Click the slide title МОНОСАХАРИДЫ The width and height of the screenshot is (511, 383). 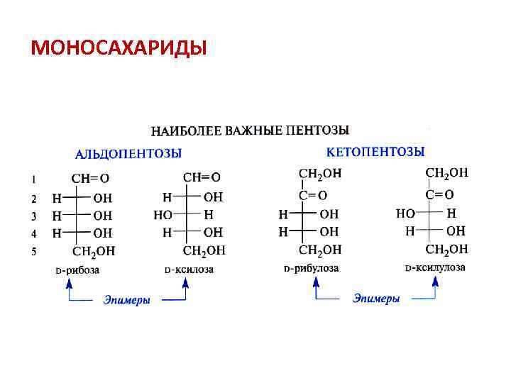pyautogui.click(x=119, y=48)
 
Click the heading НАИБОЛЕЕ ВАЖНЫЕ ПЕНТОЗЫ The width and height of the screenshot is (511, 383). pyautogui.click(x=250, y=131)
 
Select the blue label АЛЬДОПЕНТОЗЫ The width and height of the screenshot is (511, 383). pyautogui.click(x=128, y=153)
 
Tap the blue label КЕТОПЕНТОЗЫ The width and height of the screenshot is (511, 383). pyautogui.click(x=375, y=152)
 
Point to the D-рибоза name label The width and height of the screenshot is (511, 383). pyautogui.click(x=77, y=270)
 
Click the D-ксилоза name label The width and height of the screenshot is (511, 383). pyautogui.click(x=189, y=270)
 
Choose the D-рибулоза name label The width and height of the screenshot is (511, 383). pyautogui.click(x=311, y=269)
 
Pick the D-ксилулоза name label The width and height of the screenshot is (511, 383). pyautogui.click(x=435, y=268)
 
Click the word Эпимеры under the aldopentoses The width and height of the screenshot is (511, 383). pyautogui.click(x=126, y=300)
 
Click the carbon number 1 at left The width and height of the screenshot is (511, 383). pyautogui.click(x=34, y=178)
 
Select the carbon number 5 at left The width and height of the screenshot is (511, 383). pyautogui.click(x=34, y=250)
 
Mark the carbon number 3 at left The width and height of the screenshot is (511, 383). pyautogui.click(x=34, y=215)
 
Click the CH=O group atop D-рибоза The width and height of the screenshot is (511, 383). pyautogui.click(x=90, y=178)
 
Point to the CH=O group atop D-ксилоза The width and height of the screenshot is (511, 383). pyautogui.click(x=201, y=177)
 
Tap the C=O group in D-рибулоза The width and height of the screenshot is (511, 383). pyautogui.click(x=313, y=195)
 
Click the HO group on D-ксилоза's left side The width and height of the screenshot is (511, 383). pyautogui.click(x=163, y=214)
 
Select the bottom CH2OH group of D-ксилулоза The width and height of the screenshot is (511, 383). pyautogui.click(x=446, y=249)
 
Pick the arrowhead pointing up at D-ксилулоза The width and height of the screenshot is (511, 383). pyautogui.click(x=435, y=282)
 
